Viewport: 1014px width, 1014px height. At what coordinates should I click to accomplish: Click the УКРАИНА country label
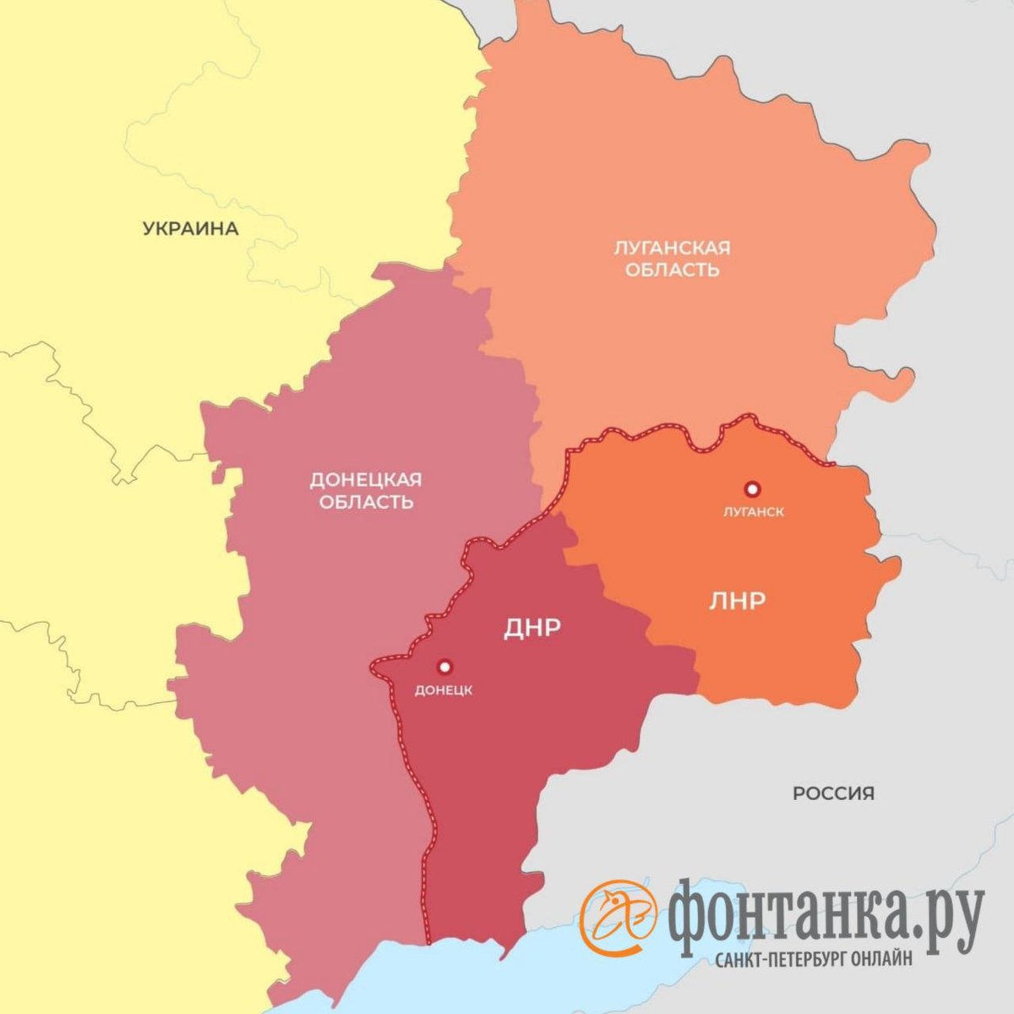pos(191,228)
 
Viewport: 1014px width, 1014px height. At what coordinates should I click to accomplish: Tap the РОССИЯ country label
pos(833,793)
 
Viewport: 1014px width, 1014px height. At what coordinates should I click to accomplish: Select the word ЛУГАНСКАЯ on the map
pos(672,248)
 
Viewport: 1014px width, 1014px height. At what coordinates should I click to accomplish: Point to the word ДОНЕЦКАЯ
pos(365,480)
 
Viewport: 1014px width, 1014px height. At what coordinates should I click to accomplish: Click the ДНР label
pos(533,627)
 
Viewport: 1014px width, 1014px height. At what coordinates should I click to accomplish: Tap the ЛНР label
pos(737,601)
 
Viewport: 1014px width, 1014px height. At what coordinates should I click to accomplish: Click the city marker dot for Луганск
pos(751,488)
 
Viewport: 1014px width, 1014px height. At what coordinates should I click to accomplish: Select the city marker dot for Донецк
pos(444,667)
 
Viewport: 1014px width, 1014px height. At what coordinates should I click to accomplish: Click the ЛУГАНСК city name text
pos(754,512)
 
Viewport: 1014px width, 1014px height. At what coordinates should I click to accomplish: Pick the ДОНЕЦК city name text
pos(444,690)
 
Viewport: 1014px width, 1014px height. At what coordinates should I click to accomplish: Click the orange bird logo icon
pos(619,913)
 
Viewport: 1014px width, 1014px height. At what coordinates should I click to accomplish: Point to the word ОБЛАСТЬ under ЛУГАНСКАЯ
pos(673,270)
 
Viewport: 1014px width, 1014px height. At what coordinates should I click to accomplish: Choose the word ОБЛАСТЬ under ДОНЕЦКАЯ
pos(366,502)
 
